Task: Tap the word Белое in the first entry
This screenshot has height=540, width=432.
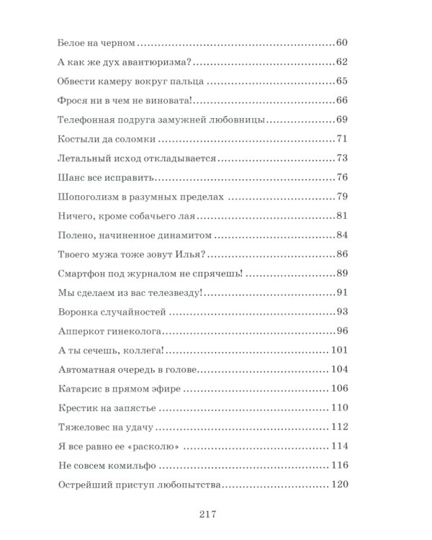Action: pos(71,43)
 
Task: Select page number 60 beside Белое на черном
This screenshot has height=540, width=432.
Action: pos(342,43)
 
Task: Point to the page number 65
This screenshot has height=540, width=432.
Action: pos(342,81)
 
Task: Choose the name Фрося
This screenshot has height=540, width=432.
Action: pos(72,100)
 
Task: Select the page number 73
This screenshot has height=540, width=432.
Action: pos(342,158)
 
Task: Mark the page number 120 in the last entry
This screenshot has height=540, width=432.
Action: pos(339,485)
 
